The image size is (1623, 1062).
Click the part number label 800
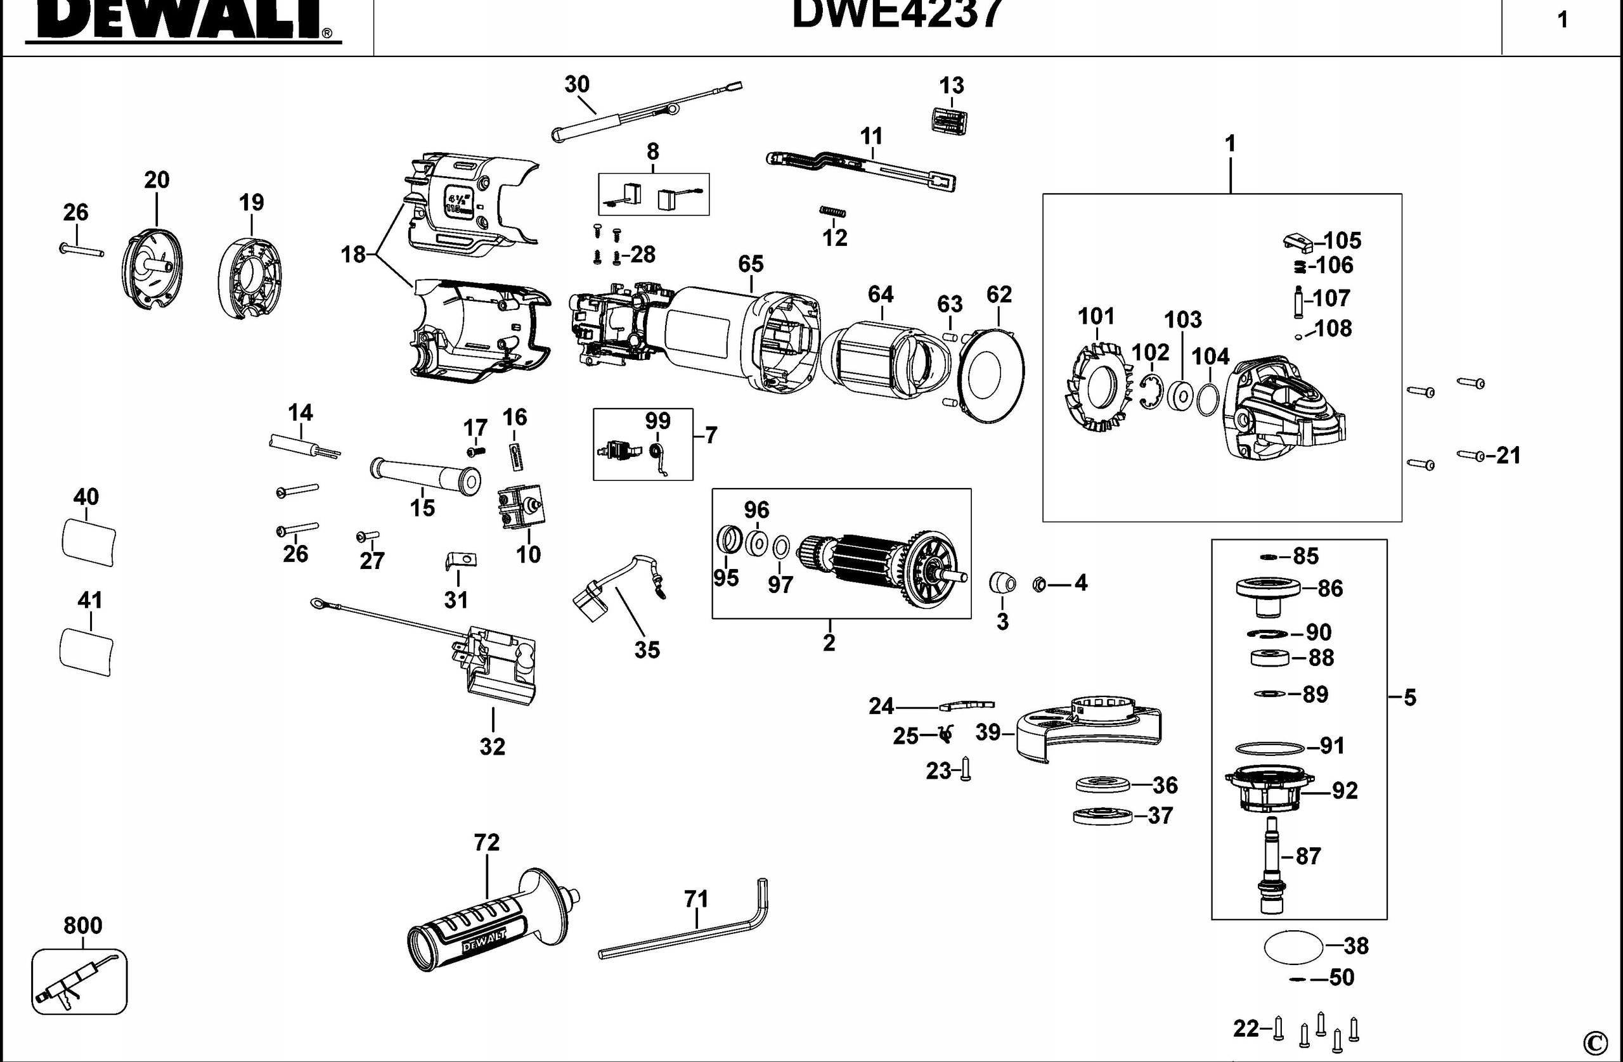pyautogui.click(x=82, y=925)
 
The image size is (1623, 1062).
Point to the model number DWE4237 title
pyautogui.click(x=896, y=14)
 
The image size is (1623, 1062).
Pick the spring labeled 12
pyautogui.click(x=832, y=212)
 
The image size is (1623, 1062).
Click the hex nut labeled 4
pyautogui.click(x=1039, y=584)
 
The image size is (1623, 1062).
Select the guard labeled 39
pyautogui.click(x=1088, y=729)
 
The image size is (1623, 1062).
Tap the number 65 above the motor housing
pyautogui.click(x=750, y=263)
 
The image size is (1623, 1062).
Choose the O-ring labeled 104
pyautogui.click(x=1208, y=399)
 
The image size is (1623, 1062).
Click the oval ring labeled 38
pyautogui.click(x=1293, y=947)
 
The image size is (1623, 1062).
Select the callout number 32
pyautogui.click(x=493, y=746)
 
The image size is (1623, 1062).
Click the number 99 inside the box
pyautogui.click(x=657, y=421)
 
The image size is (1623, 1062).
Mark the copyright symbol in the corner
pyautogui.click(x=1594, y=1042)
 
